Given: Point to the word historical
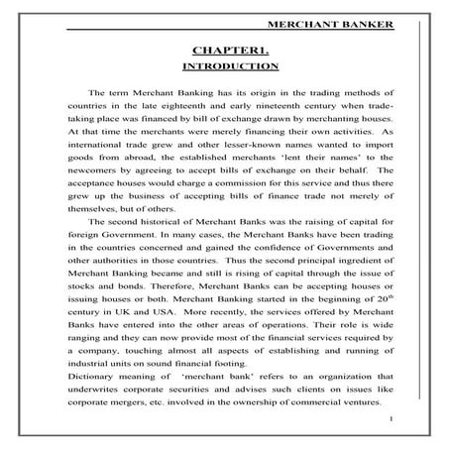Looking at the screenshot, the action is point(148,222).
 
